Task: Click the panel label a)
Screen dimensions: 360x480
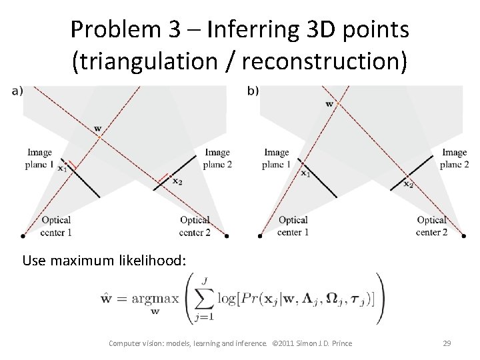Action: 16,91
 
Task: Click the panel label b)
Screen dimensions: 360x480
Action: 253,91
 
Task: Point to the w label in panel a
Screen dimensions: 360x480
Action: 98,128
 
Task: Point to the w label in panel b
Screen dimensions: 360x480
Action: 329,103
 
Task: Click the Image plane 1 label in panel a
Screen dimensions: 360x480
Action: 39,159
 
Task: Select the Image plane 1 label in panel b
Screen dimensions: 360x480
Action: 276,159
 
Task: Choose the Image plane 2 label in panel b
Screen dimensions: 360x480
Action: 455,159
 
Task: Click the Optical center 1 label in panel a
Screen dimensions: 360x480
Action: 56,226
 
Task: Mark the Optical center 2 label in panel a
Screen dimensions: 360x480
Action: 195,226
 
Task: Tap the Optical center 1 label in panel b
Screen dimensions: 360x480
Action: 293,226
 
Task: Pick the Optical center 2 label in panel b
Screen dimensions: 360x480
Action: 431,226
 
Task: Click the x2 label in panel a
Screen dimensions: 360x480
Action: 177,181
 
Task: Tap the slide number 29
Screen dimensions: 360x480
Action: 447,343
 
